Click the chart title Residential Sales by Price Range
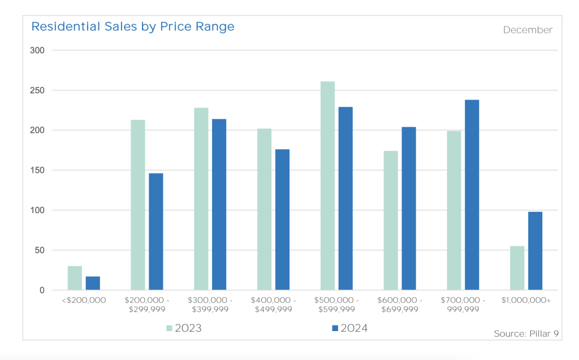coord(132,27)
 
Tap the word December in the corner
coord(528,30)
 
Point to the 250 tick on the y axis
coord(37,90)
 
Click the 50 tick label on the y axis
coord(40,250)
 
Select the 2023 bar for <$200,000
coord(75,278)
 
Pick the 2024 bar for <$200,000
coord(93,283)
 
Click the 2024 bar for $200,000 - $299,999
coord(156,232)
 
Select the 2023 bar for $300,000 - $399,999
coord(201,198)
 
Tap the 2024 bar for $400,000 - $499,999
coord(283,220)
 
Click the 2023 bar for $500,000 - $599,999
coord(327,186)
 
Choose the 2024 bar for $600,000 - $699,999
coord(409,209)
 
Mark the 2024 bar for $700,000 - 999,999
coord(472,195)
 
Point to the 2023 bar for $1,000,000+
coord(517,268)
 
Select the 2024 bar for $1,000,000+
coord(535,251)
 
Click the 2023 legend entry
coord(184,328)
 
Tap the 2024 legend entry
coord(349,328)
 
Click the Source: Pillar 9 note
coord(526,334)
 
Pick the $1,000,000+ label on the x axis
coord(526,300)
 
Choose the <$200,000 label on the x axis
coord(84,300)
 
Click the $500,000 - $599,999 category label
coord(336,305)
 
